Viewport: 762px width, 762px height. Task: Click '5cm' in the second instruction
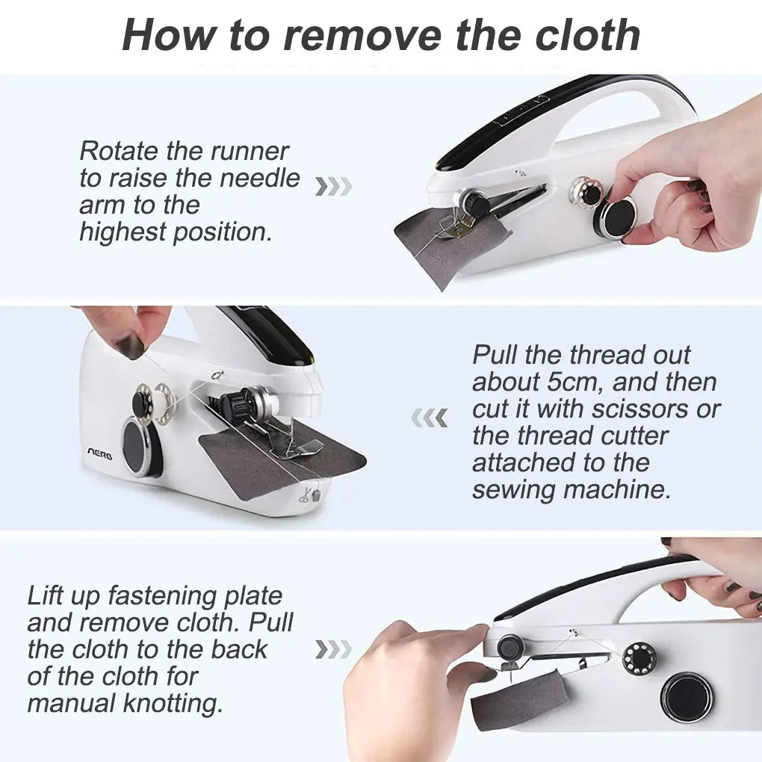click(x=562, y=382)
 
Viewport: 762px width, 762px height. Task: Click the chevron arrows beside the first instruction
click(x=332, y=186)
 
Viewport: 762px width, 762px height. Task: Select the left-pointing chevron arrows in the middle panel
click(x=430, y=418)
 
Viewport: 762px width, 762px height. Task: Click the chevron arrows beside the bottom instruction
click(x=332, y=649)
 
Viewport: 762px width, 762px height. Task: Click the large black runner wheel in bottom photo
click(x=686, y=697)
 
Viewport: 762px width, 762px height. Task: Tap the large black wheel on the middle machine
click(x=138, y=447)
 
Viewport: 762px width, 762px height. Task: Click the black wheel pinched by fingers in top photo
click(x=617, y=217)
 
